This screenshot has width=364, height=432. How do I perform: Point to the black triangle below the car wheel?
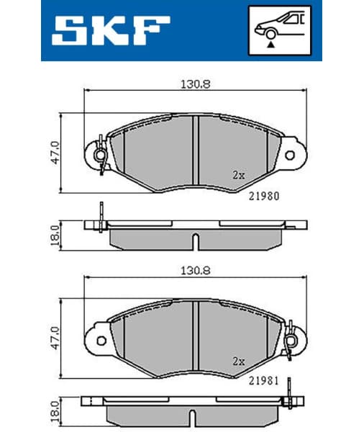pos(270,45)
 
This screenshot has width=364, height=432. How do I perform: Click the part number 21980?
pos(264,195)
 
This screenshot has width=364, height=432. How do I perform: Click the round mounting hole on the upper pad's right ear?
pos(290,155)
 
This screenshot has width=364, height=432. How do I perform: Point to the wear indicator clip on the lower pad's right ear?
pos(290,342)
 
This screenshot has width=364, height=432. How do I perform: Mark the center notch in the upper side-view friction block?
pos(194,240)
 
